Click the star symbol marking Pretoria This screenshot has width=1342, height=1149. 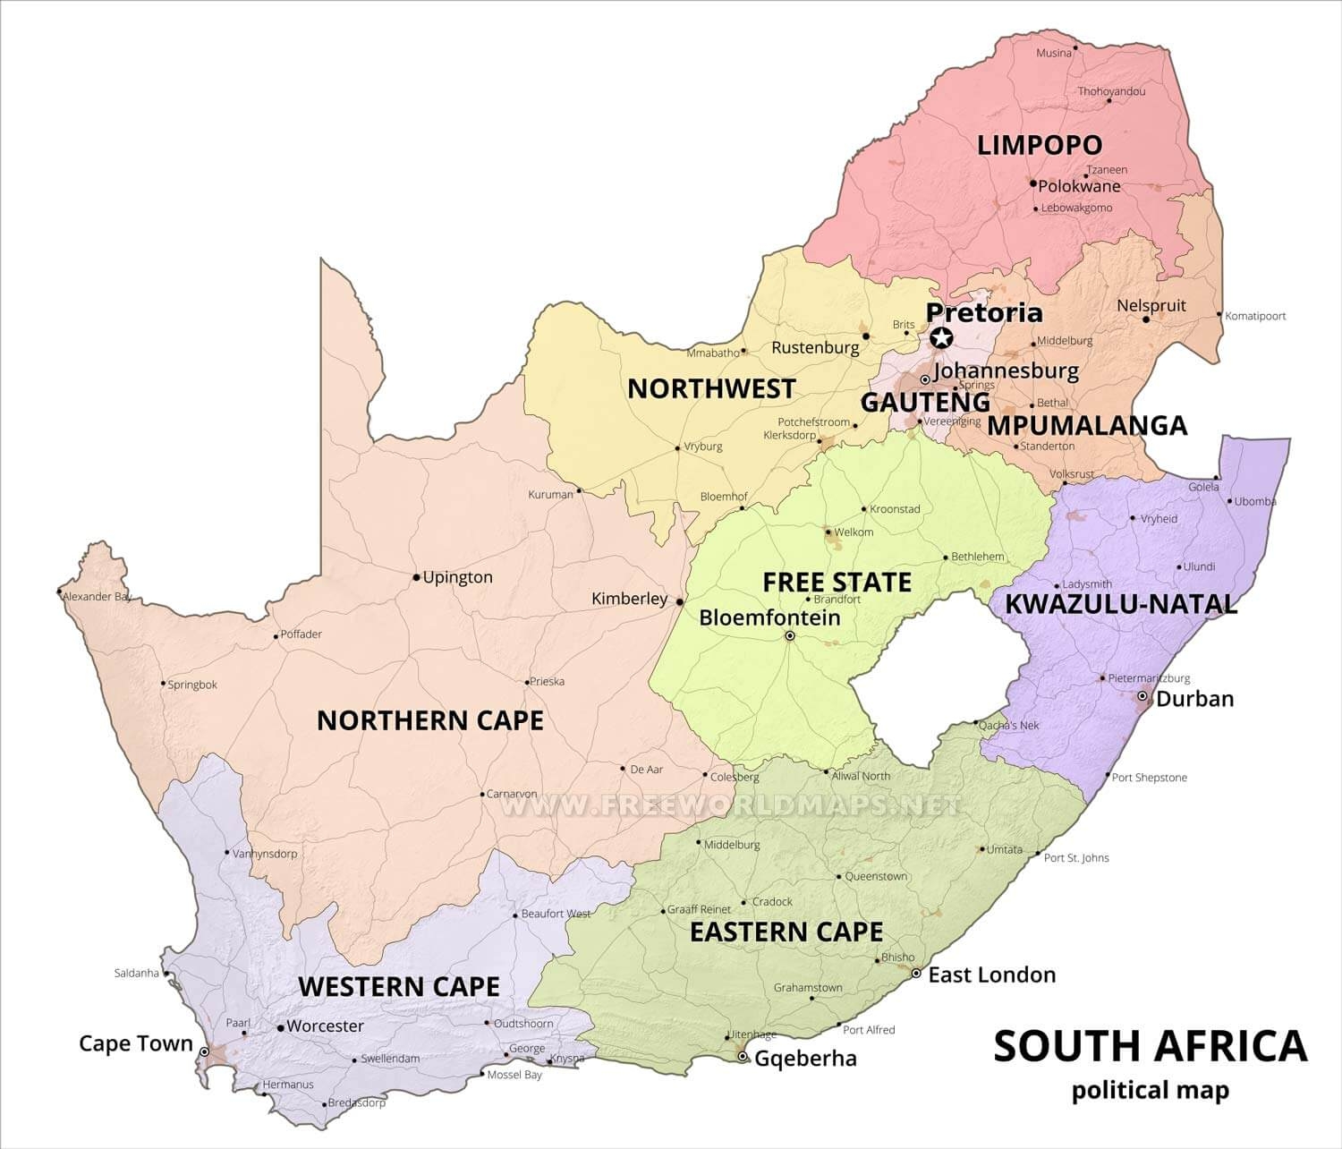940,338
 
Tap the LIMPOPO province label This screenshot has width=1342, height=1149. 1040,145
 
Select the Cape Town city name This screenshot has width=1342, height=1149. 136,1043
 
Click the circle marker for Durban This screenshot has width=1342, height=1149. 1142,696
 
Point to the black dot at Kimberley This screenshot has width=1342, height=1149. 680,601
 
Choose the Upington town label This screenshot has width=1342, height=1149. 457,577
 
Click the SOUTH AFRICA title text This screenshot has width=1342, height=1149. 1150,1046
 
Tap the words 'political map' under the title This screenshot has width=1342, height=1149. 1150,1091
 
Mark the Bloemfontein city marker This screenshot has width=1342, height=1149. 790,636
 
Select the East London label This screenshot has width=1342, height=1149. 991,975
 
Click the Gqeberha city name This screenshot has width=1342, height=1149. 805,1059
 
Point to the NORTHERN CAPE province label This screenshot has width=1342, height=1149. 430,720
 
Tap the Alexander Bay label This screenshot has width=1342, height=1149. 98,597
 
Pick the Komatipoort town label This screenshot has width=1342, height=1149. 1255,316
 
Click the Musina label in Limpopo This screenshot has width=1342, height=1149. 1053,53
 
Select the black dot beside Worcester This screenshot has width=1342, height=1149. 281,1028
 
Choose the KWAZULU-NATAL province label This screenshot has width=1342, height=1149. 1121,604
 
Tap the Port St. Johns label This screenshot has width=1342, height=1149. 1076,858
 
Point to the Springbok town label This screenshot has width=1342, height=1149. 193,685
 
